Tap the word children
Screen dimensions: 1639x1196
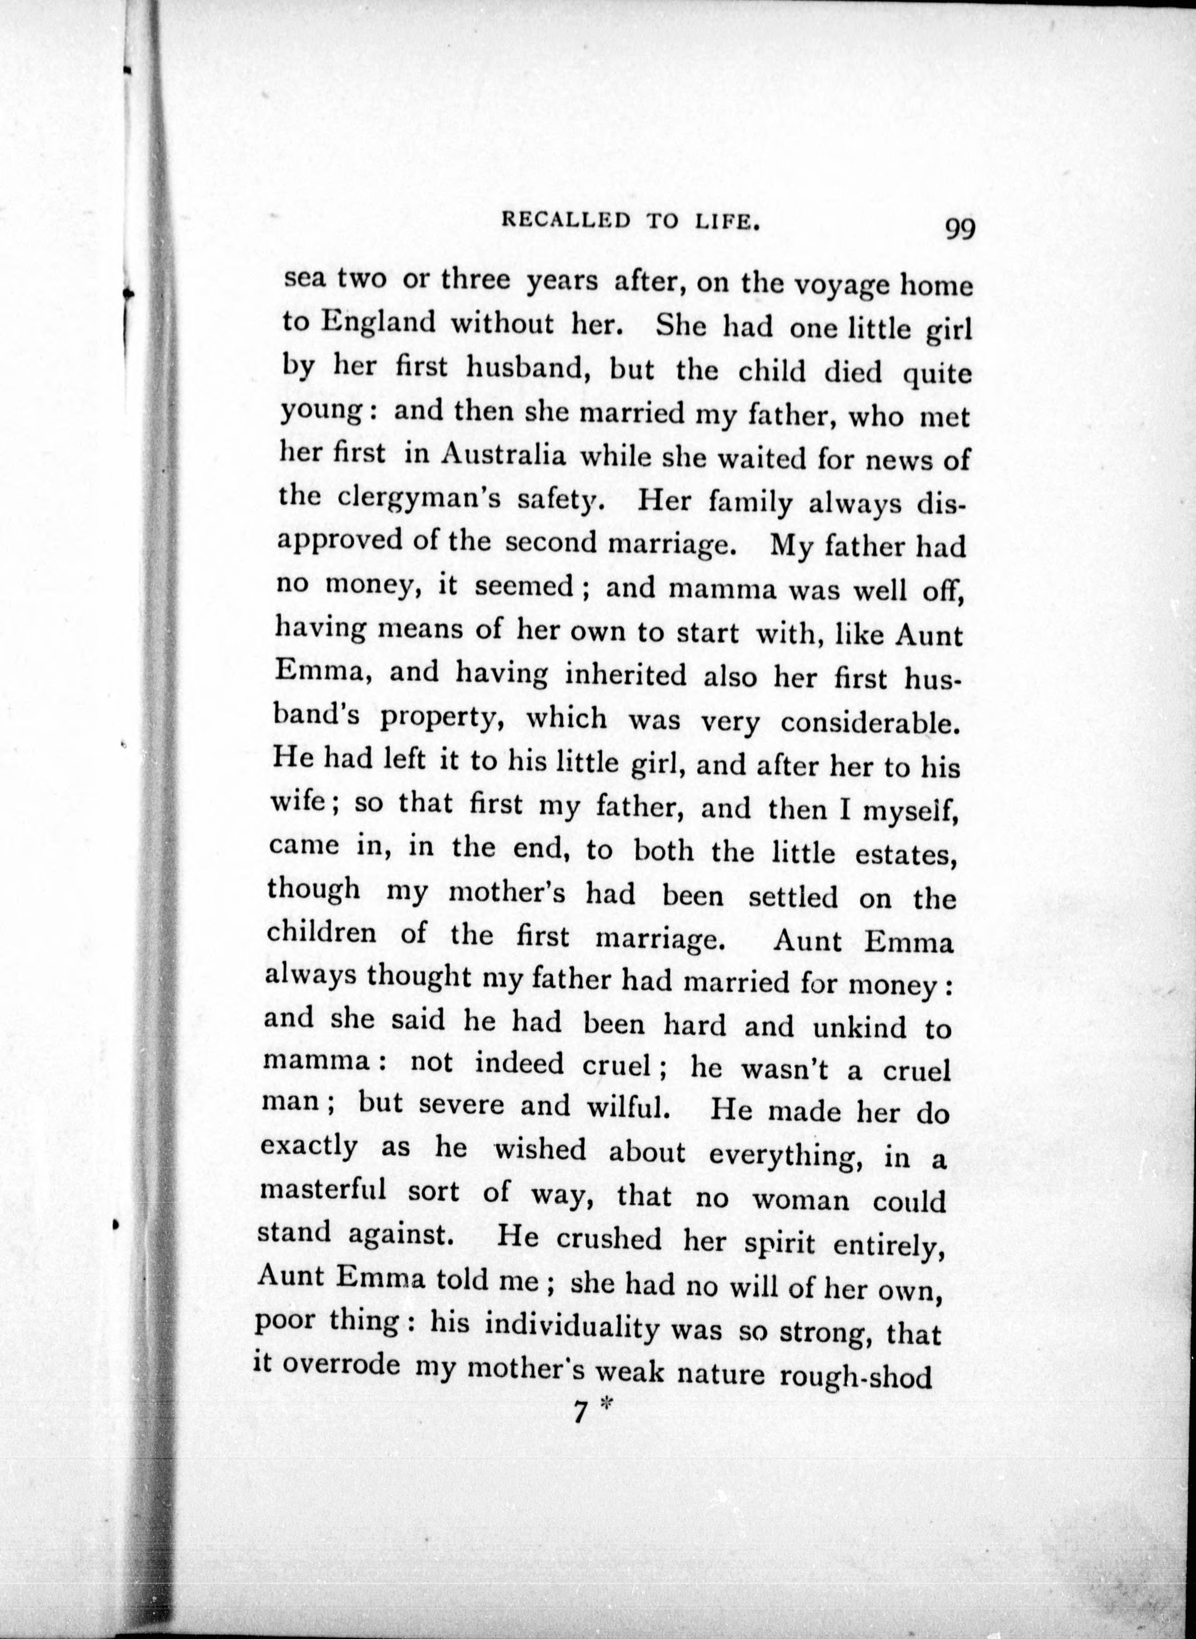[x=321, y=932]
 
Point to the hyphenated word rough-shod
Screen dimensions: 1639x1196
[x=855, y=1375]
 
